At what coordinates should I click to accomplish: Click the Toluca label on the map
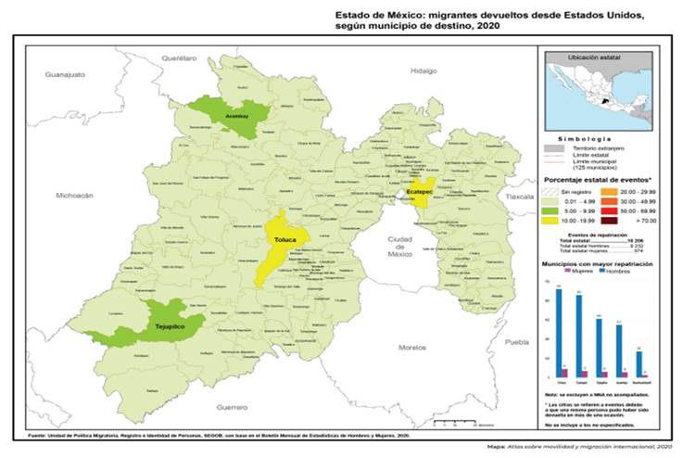285,240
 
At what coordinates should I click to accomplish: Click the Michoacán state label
75,196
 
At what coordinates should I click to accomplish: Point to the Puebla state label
515,342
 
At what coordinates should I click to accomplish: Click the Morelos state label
411,347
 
